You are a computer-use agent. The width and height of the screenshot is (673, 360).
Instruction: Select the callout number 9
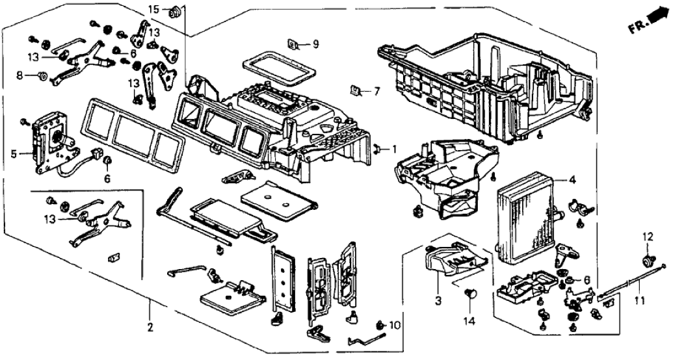point(315,44)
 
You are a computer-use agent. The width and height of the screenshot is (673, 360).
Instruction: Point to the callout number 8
point(20,76)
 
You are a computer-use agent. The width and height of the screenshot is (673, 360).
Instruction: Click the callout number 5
point(13,154)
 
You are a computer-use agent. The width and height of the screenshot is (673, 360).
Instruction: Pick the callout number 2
point(150,327)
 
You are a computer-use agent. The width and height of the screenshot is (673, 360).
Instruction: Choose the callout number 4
point(572,179)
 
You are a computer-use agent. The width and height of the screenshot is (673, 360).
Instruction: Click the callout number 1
point(393,149)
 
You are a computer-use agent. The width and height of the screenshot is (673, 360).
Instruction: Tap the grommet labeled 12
point(648,261)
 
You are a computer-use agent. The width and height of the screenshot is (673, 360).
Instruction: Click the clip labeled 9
point(293,44)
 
